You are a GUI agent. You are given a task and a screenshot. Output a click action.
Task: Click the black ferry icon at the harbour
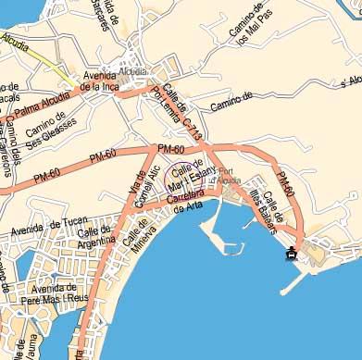pyautogui.click(x=292, y=253)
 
